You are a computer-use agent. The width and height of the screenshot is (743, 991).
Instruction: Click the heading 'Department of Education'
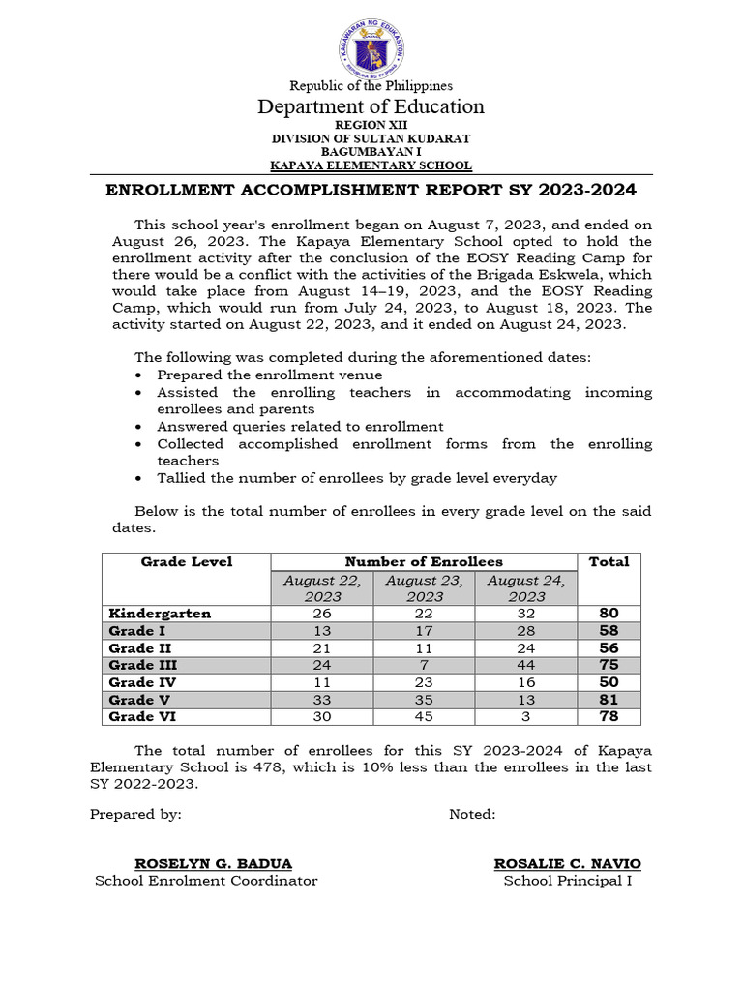(371, 106)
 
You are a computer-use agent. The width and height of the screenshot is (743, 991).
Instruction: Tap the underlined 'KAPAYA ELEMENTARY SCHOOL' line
(371, 165)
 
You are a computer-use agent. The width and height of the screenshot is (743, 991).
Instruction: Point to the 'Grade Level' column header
(187, 562)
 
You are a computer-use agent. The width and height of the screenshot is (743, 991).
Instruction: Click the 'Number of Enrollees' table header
(424, 562)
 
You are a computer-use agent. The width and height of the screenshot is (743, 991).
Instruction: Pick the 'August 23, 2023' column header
(424, 588)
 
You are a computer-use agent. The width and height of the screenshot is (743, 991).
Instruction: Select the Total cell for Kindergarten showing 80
(609, 614)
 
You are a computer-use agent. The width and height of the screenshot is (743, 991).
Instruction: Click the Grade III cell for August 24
(525, 665)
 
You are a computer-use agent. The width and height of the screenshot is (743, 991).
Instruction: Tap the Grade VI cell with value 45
(424, 717)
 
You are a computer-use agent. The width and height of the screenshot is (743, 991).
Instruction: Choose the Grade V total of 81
(609, 700)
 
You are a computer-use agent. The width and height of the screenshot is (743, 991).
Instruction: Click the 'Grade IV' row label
(141, 682)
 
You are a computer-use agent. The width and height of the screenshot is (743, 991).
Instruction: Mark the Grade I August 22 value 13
(322, 631)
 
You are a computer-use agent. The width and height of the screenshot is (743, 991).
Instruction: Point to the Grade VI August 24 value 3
(525, 717)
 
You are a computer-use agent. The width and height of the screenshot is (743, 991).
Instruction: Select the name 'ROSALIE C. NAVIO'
(567, 863)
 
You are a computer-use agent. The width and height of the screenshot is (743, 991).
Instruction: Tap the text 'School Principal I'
(567, 881)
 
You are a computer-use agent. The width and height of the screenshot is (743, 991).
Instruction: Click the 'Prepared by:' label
(135, 814)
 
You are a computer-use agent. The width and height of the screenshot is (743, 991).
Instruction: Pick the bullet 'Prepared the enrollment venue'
(269, 375)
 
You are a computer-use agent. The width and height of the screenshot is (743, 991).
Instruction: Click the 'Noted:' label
(472, 814)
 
